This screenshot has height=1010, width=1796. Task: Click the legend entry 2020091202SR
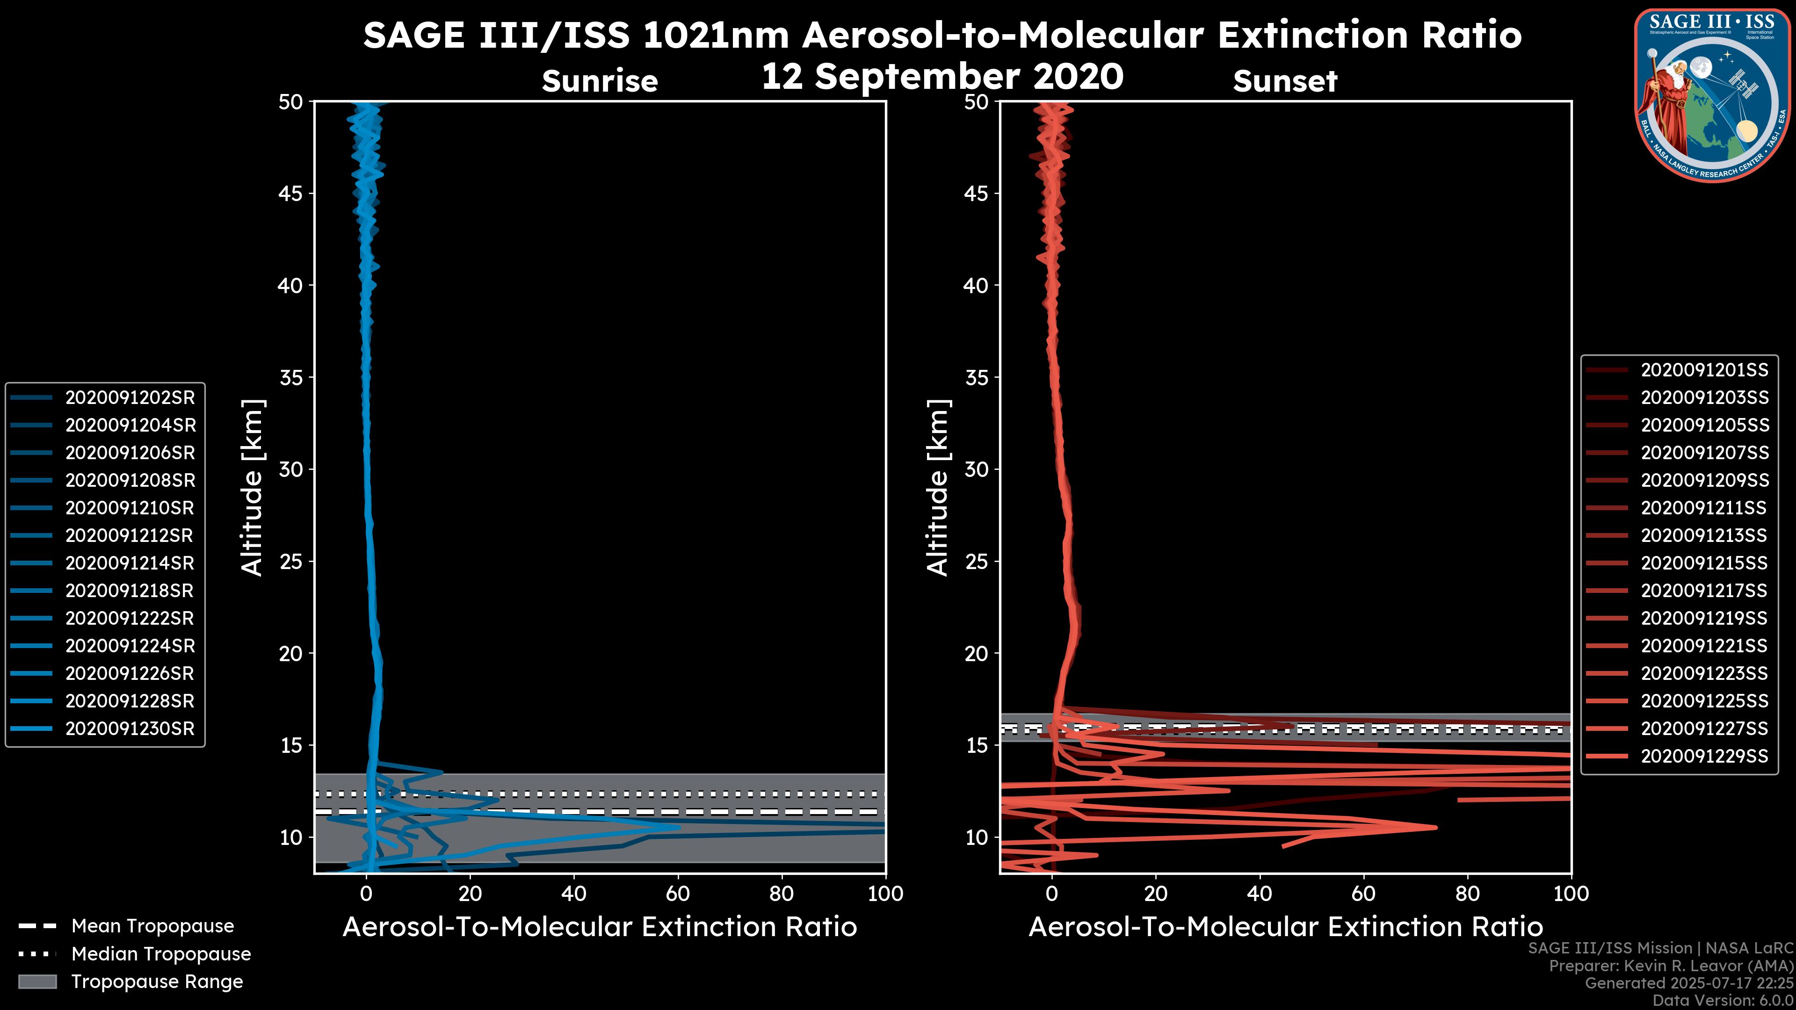(130, 398)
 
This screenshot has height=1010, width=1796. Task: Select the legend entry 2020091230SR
(130, 729)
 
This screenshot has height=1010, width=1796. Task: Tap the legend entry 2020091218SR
(130, 591)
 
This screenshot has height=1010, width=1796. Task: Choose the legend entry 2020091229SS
(1704, 756)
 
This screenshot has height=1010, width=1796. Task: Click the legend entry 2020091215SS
(1704, 563)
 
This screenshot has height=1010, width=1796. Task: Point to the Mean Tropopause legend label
(152, 926)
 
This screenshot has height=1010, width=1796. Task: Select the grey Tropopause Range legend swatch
(37, 981)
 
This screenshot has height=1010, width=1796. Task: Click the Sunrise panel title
(600, 81)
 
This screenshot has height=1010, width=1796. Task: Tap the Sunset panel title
(1285, 81)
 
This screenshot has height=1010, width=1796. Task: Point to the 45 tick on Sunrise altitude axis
(291, 194)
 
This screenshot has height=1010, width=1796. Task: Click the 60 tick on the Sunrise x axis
(678, 894)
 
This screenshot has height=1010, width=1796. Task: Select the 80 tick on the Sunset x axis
(1468, 894)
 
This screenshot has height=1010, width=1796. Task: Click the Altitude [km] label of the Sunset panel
(938, 488)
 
